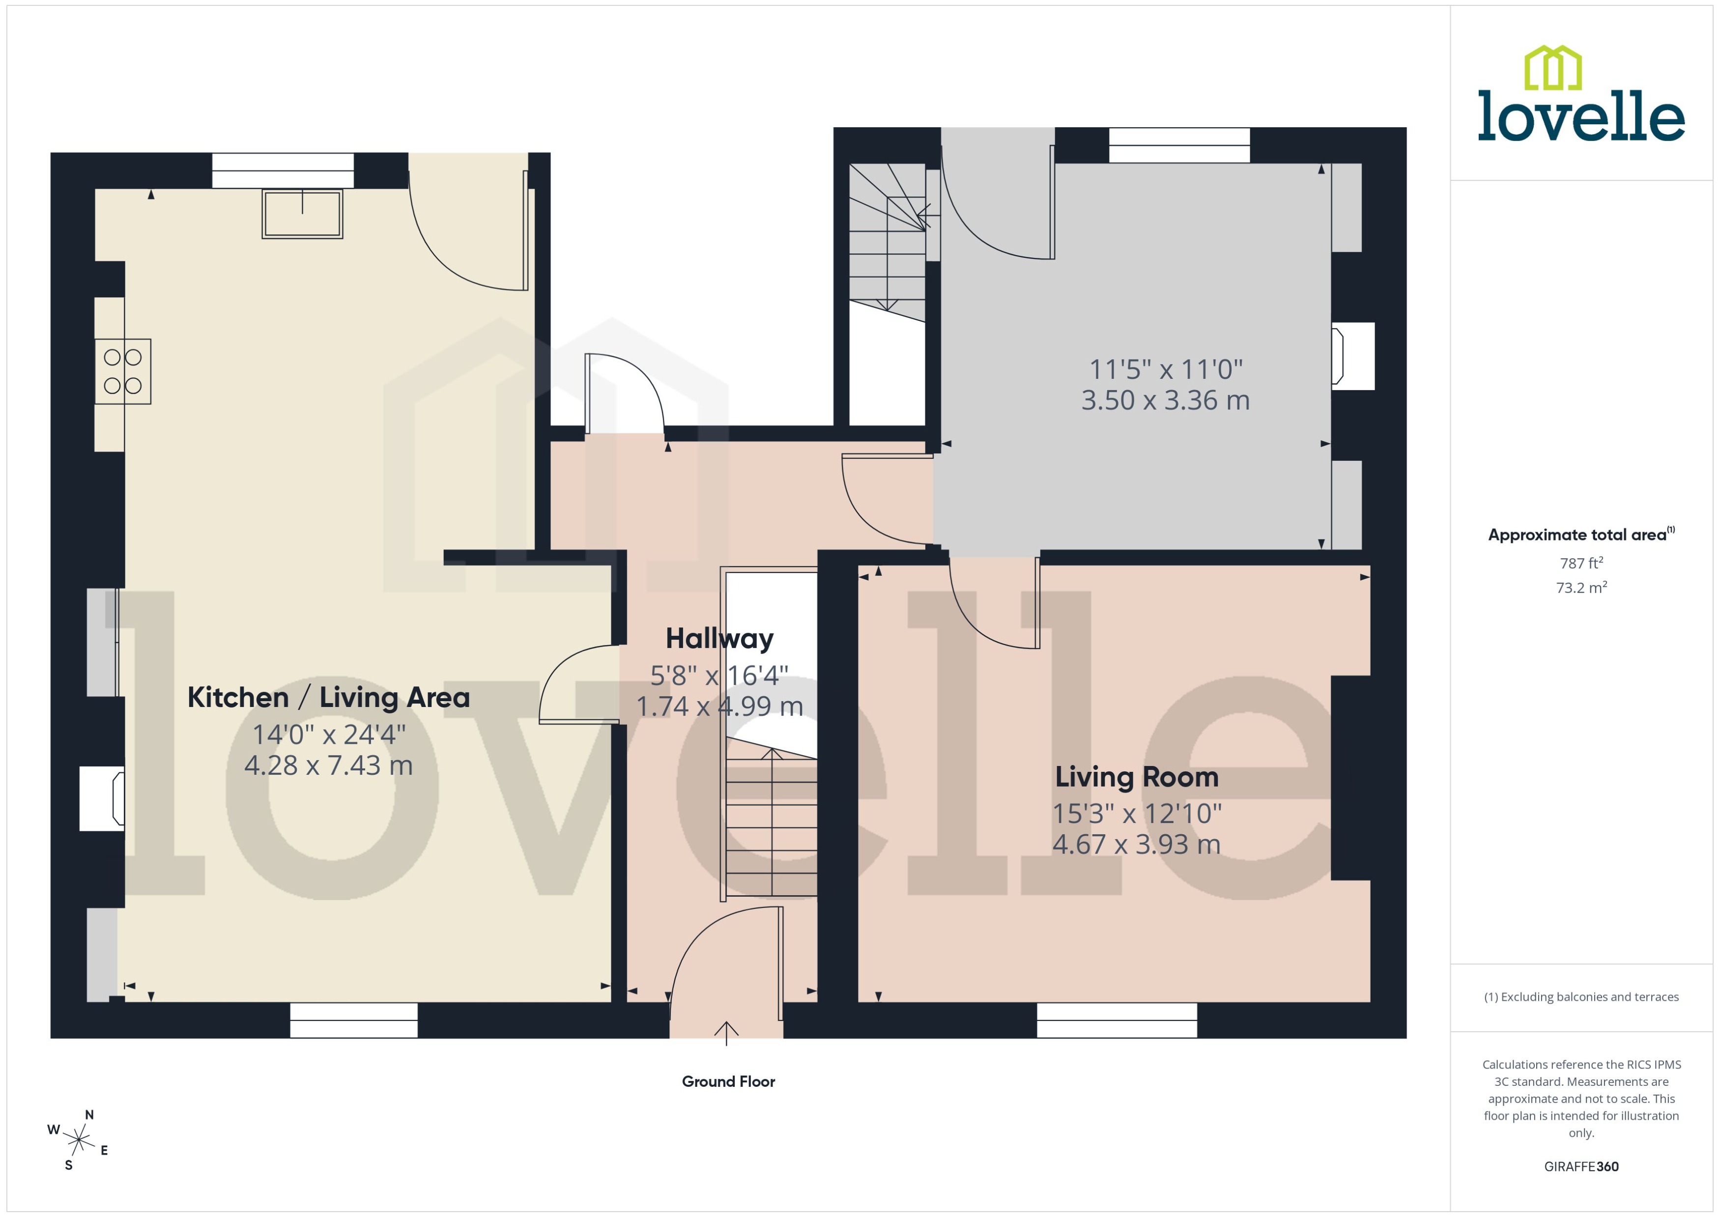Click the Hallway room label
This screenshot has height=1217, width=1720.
pos(719,639)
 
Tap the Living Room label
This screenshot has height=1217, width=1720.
pos(1136,777)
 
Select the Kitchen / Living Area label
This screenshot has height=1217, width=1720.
pos(328,698)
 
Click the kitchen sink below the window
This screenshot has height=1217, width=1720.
pos(302,214)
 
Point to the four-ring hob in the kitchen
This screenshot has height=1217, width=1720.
pos(123,372)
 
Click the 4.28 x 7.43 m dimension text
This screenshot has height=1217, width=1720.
pos(328,765)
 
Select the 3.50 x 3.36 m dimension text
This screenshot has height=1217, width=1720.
pos(1165,400)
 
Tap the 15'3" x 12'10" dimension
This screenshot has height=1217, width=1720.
pos(1136,814)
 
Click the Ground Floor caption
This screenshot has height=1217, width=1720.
pos(728,1081)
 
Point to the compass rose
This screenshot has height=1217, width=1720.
pos(78,1140)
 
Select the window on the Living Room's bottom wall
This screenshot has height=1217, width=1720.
pos(1117,1020)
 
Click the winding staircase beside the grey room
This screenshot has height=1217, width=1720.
pos(888,240)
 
